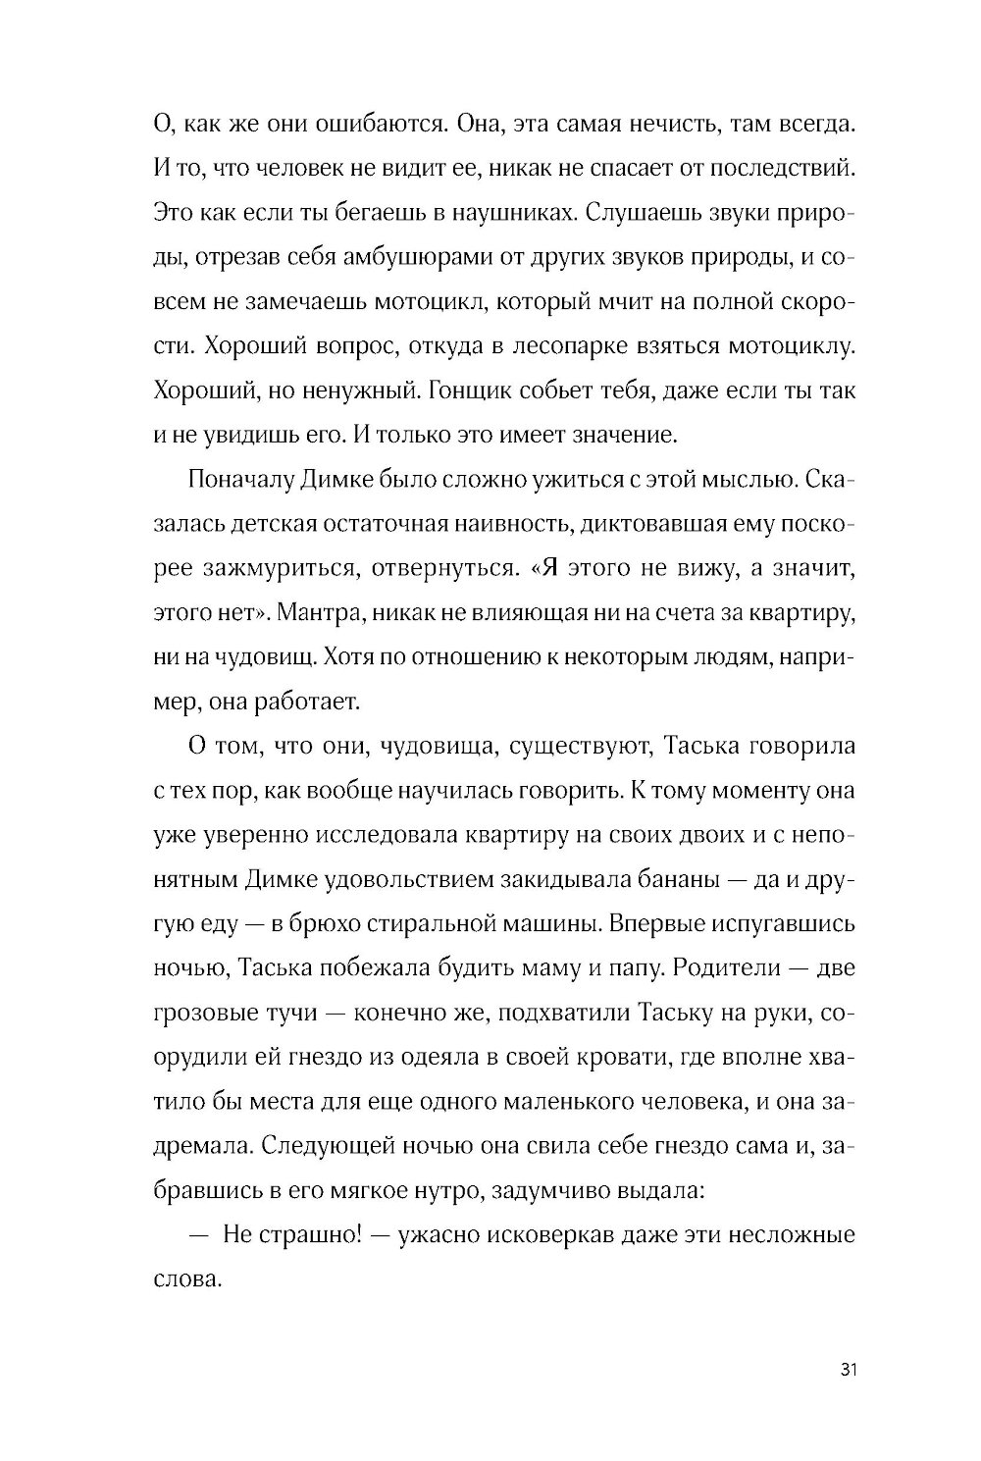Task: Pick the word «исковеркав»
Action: (x=494, y=1233)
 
